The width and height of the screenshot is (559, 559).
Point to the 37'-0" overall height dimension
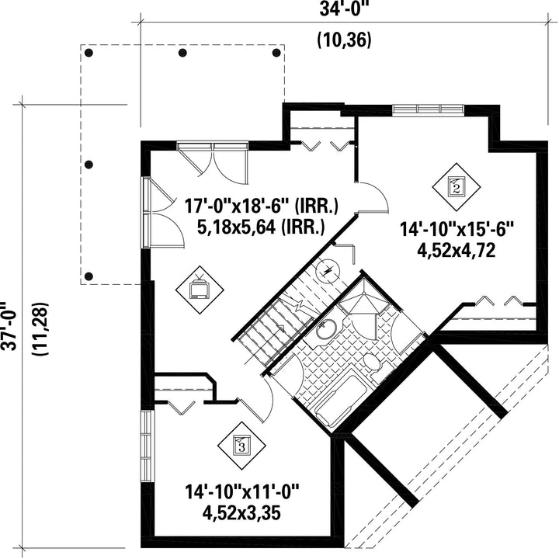pyautogui.click(x=9, y=327)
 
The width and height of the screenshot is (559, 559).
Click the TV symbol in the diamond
pyautogui.click(x=200, y=290)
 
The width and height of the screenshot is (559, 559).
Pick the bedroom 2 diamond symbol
pyautogui.click(x=457, y=187)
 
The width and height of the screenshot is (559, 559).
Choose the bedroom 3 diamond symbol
pyautogui.click(x=241, y=446)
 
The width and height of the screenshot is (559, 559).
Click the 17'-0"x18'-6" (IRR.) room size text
pyautogui.click(x=262, y=206)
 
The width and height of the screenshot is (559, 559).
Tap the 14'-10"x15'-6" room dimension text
pyautogui.click(x=457, y=229)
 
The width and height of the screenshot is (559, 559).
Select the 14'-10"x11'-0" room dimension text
pyautogui.click(x=241, y=492)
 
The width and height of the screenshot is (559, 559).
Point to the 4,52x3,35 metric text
pyautogui.click(x=241, y=513)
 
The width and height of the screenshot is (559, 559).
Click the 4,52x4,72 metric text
pyautogui.click(x=457, y=251)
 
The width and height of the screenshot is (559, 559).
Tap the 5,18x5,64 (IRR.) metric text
pyautogui.click(x=261, y=227)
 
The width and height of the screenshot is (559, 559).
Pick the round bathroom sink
pyautogui.click(x=325, y=329)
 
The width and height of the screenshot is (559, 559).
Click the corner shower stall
pyautogui.click(x=363, y=303)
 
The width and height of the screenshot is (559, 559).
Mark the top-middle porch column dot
pyautogui.click(x=182, y=53)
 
